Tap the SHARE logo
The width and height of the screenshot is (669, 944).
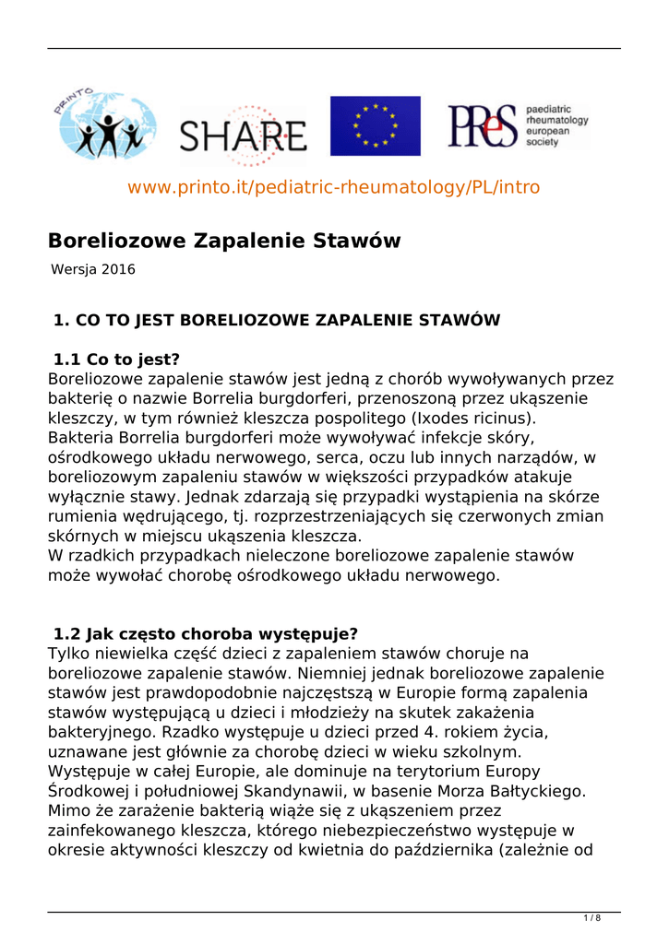click(243, 137)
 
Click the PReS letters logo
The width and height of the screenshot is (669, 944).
click(483, 125)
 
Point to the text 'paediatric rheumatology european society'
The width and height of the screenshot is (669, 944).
click(556, 125)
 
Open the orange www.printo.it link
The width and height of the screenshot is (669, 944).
click(333, 187)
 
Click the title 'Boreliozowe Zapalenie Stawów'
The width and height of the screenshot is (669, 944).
click(224, 242)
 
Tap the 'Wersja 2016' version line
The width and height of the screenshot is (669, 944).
click(93, 270)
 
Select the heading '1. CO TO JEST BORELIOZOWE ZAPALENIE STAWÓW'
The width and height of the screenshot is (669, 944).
click(277, 321)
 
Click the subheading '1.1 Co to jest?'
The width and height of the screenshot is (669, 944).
click(116, 360)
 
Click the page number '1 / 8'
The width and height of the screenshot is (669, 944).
click(592, 918)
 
